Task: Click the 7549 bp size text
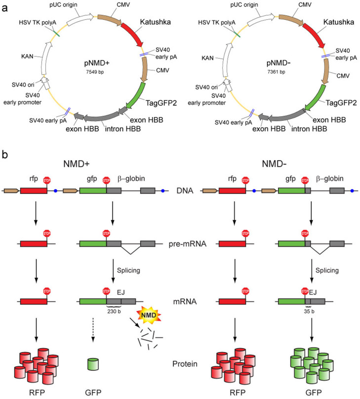(97, 72)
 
